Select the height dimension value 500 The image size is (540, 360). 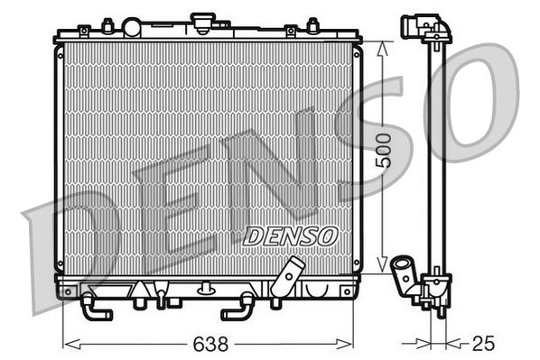(385, 151)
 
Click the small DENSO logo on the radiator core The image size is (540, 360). (290, 235)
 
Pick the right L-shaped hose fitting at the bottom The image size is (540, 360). (237, 306)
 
